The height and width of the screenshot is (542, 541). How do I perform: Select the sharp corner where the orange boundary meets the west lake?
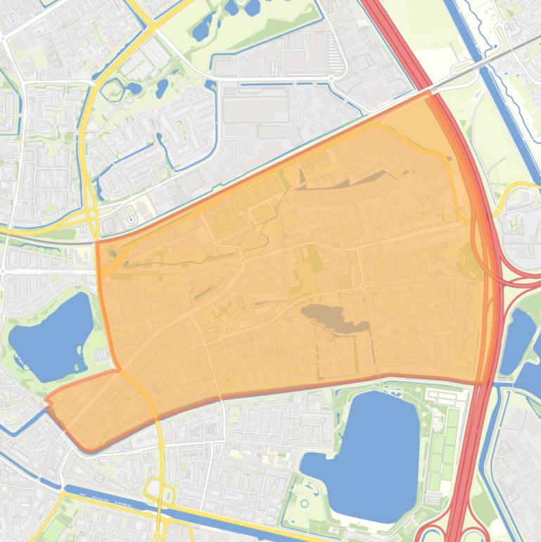117,368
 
